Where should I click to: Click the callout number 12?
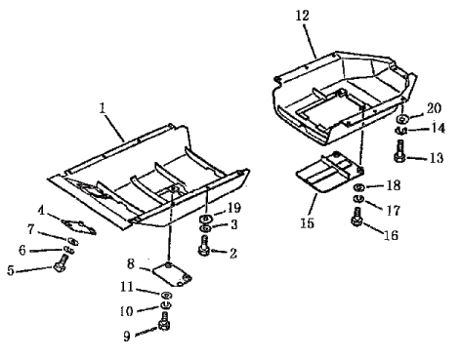[x=302, y=16]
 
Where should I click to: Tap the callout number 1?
[x=103, y=108]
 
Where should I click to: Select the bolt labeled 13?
[x=399, y=151]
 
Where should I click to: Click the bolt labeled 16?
[x=357, y=217]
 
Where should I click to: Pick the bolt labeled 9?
[x=164, y=321]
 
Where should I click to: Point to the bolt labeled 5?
[x=61, y=263]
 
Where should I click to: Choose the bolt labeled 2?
[x=204, y=246]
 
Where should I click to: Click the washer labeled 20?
[x=403, y=119]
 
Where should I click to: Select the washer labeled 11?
[x=167, y=295]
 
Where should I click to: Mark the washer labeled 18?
[x=359, y=187]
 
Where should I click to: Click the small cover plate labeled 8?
[x=172, y=275]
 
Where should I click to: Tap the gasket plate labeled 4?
[x=79, y=226]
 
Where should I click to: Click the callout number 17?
[x=393, y=211]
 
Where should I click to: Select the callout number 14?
[x=438, y=128]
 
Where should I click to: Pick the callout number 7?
[x=30, y=229]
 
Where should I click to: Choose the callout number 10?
[x=127, y=311]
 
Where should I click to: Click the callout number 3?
[x=234, y=224]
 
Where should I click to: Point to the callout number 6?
[x=22, y=250]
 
